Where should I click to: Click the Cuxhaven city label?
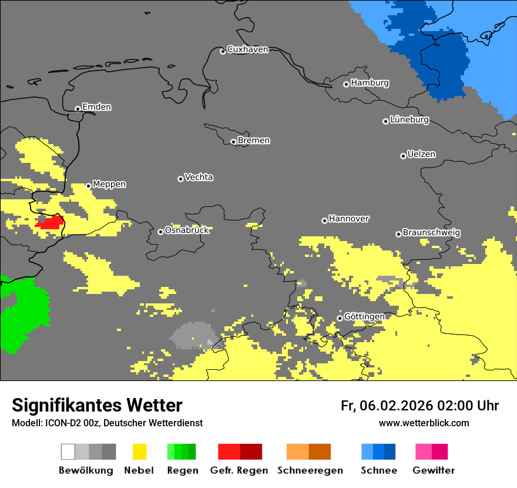point(247,49)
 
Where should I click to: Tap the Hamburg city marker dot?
point(346,84)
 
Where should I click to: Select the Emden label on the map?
point(96,107)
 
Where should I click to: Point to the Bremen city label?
point(254,141)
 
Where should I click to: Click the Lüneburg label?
point(409,119)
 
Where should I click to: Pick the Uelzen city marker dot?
point(403,156)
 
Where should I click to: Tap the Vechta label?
point(199,177)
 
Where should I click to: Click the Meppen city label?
point(109,184)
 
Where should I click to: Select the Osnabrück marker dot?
point(160,232)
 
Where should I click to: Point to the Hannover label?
point(349,219)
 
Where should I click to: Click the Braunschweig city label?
point(431,232)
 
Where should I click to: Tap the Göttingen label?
point(364,316)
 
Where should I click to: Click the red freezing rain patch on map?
point(51,222)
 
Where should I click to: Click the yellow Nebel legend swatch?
point(139,452)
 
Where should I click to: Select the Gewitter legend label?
point(433,470)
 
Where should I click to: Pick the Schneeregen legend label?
point(310,470)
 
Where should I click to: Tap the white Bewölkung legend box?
point(68,452)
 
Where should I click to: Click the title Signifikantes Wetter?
point(97,405)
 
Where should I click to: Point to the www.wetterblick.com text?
point(424,423)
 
